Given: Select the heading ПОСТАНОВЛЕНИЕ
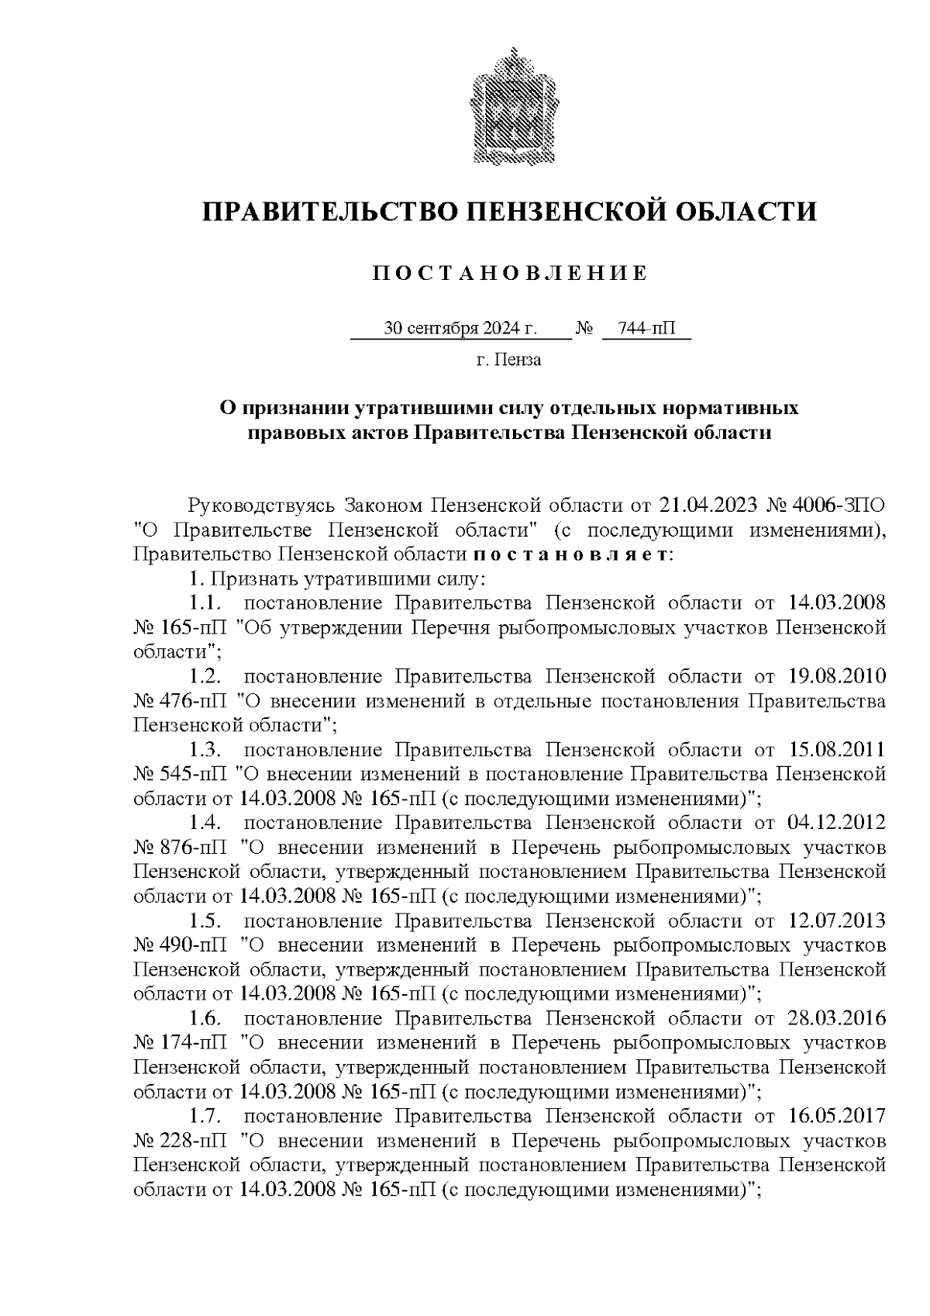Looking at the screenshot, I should (x=509, y=273).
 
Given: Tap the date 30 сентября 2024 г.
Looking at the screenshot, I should (x=460, y=329).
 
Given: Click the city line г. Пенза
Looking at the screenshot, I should (x=508, y=360).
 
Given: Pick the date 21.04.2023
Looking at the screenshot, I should (x=707, y=506).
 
